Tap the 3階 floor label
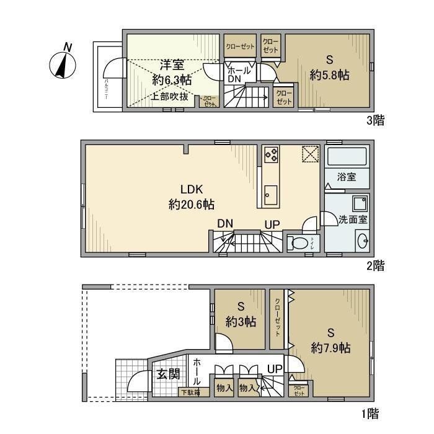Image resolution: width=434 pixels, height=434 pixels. (376, 120)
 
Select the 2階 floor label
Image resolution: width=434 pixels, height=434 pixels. (376, 266)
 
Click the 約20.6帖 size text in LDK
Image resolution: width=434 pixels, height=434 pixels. (187, 205)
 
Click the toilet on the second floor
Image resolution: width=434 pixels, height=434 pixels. (300, 244)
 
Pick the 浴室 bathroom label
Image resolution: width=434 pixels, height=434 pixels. (347, 177)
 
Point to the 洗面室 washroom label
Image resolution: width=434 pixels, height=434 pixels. (353, 219)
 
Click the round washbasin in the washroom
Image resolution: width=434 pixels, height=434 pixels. (363, 241)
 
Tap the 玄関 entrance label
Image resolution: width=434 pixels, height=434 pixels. (167, 374)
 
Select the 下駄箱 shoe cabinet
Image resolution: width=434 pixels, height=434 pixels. (190, 392)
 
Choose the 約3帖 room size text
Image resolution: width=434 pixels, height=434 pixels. (241, 321)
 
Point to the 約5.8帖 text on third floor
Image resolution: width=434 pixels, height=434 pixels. (330, 74)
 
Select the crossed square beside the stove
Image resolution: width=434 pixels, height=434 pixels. (310, 154)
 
